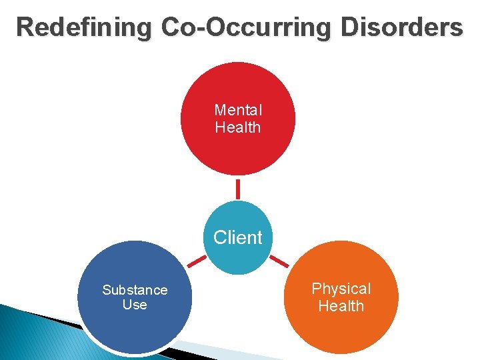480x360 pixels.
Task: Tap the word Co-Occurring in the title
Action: pos(247,27)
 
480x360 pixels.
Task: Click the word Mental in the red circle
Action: pos(238,110)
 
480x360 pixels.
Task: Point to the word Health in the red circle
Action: pos(238,127)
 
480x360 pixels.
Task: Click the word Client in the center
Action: pos(238,237)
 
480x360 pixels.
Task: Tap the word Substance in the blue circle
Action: pos(135,290)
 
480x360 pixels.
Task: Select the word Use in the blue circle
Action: pos(135,305)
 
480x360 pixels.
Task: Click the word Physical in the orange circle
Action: pos(341,289)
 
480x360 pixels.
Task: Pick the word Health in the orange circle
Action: pos(341,307)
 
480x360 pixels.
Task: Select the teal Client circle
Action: pos(238,257)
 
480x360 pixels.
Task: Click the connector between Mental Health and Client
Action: pos(237,187)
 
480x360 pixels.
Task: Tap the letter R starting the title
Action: pos(26,27)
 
